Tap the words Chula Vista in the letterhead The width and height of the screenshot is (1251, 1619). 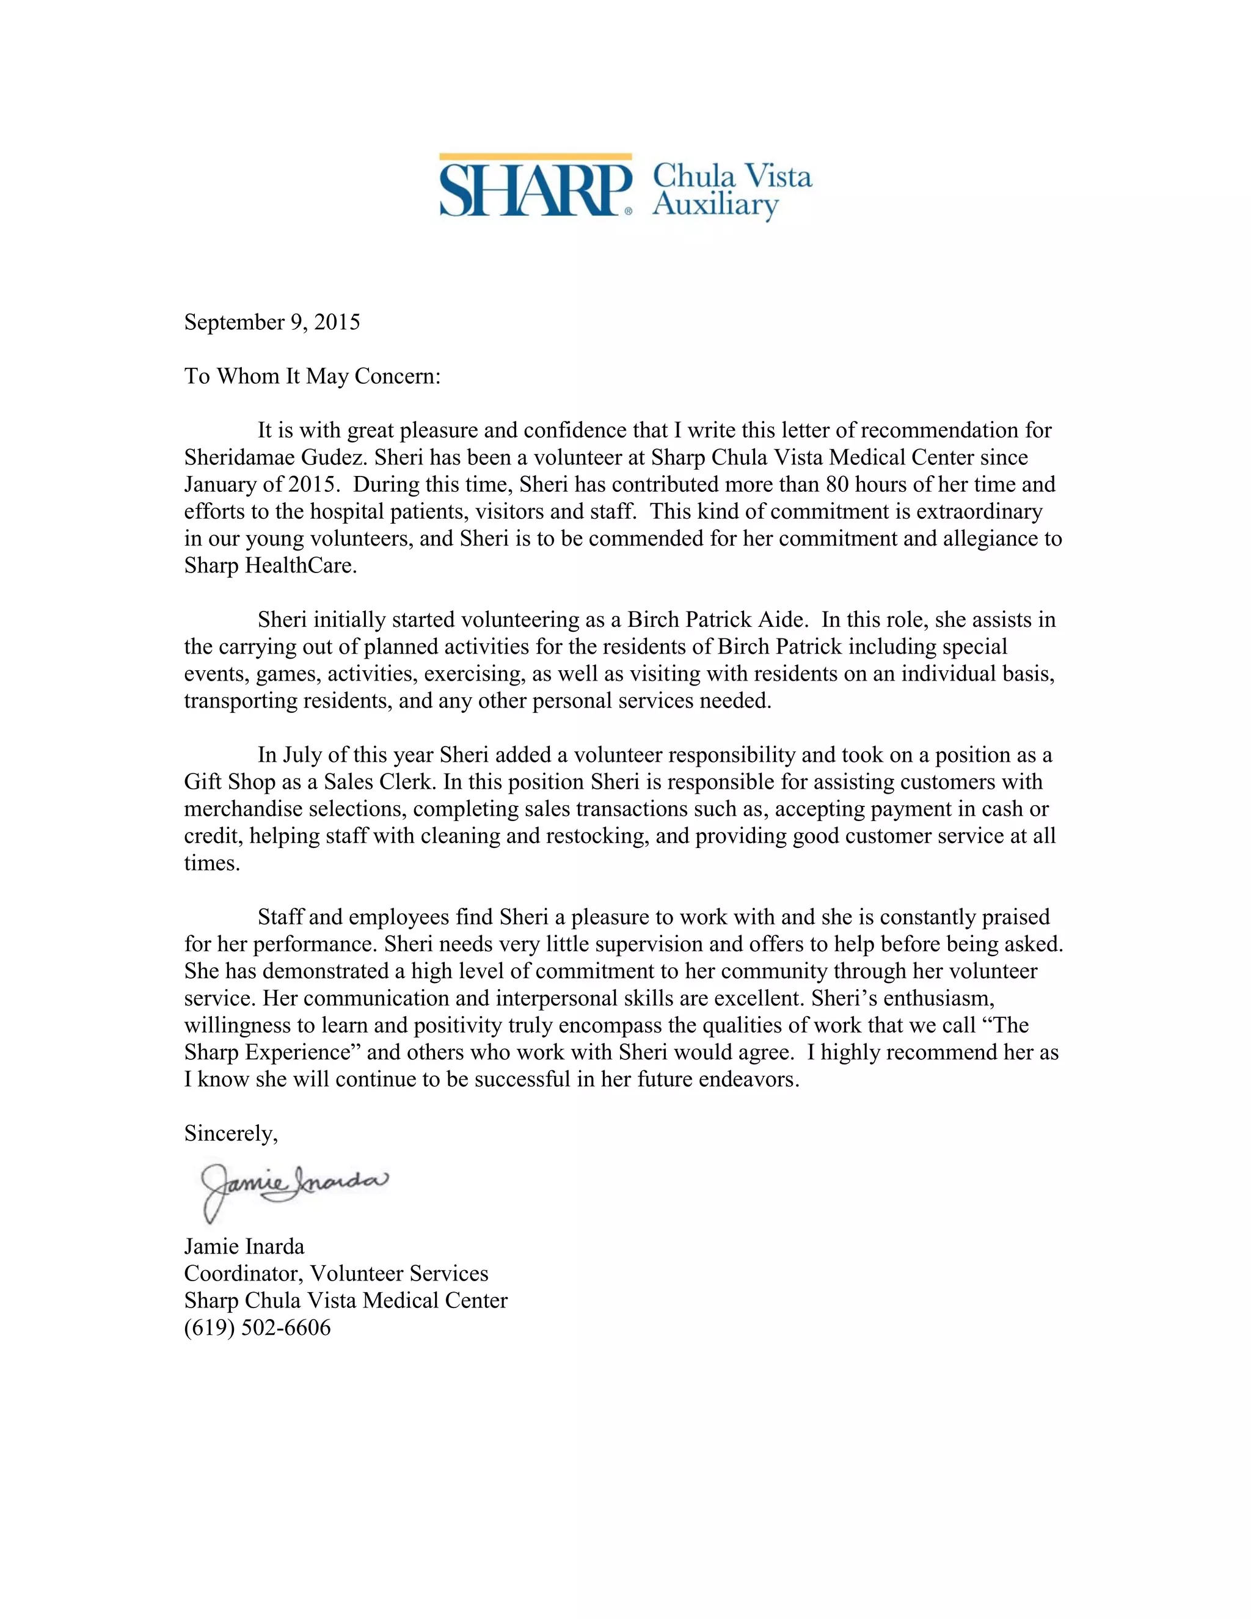click(x=731, y=176)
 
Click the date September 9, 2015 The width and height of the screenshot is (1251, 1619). click(x=272, y=322)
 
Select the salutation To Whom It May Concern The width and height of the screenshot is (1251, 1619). click(x=312, y=376)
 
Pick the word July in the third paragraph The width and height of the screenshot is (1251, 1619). click(x=302, y=755)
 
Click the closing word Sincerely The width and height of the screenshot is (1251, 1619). click(x=230, y=1133)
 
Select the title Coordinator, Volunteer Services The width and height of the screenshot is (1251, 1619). click(x=336, y=1273)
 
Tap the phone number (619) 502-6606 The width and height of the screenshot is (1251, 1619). click(x=257, y=1327)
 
